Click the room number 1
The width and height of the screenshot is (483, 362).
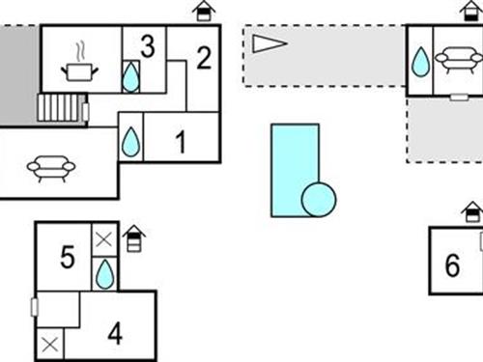(x=180, y=144)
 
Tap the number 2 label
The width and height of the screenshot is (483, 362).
(x=203, y=58)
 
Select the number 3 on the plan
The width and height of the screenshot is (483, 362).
(x=147, y=45)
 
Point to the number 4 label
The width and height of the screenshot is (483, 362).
(x=115, y=335)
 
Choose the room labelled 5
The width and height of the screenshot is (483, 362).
(x=67, y=258)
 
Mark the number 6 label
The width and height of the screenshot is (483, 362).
(x=452, y=265)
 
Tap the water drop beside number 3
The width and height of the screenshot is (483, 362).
(x=130, y=76)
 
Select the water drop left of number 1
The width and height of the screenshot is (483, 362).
(x=130, y=144)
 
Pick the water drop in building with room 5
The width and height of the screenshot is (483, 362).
(x=104, y=275)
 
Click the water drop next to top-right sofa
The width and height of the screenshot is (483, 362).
(x=420, y=63)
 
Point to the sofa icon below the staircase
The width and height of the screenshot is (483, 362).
(x=51, y=170)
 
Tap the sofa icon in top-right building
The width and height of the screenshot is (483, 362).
(x=460, y=61)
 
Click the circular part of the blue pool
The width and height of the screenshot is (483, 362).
(x=318, y=201)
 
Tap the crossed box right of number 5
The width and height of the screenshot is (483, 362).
(x=104, y=238)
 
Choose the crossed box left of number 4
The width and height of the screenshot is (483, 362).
(x=49, y=344)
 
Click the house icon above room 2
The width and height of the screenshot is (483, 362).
(x=204, y=12)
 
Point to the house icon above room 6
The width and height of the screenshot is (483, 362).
(x=471, y=211)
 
